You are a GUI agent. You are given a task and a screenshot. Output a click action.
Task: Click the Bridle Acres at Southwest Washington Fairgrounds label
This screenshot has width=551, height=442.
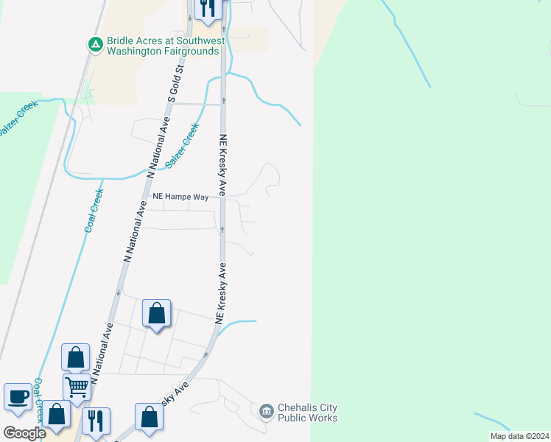pyautogui.click(x=163, y=46)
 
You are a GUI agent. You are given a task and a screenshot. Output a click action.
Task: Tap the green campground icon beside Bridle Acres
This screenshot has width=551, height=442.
pyautogui.click(x=95, y=45)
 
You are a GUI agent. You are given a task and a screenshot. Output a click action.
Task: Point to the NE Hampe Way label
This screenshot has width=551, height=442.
pyautogui.click(x=180, y=197)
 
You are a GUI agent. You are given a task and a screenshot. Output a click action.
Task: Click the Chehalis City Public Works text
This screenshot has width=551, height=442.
pyautogui.click(x=307, y=413)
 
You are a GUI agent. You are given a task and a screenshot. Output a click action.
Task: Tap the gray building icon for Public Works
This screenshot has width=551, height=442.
pyautogui.click(x=266, y=410)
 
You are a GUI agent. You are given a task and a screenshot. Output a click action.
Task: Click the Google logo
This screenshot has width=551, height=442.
pyautogui.click(x=24, y=433)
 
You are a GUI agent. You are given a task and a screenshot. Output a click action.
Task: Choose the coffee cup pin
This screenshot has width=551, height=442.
pyautogui.click(x=18, y=397)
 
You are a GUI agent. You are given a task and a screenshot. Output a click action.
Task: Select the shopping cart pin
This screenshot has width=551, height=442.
pyautogui.click(x=77, y=387)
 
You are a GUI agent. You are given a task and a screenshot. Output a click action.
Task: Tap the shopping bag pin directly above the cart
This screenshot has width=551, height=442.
pyautogui.click(x=76, y=358)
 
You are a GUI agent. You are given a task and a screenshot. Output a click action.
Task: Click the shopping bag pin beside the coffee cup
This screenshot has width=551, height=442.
pyautogui.click(x=57, y=415)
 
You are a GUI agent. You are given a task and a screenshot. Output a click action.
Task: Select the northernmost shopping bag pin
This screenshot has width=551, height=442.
pyautogui.click(x=157, y=314)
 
